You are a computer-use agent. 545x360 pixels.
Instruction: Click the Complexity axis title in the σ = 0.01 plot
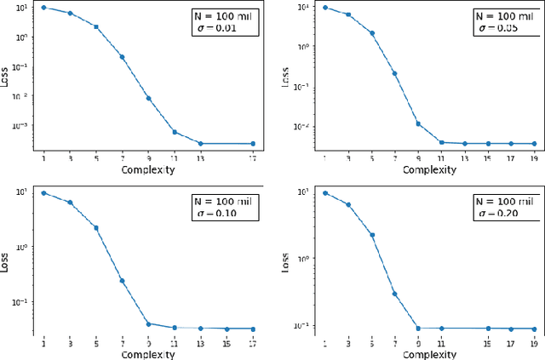(148, 169)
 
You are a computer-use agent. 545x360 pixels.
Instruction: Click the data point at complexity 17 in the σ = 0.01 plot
(253, 144)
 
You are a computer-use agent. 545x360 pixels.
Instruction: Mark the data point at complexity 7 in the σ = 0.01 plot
(122, 57)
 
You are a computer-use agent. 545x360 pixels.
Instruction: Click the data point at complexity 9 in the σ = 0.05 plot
(417, 123)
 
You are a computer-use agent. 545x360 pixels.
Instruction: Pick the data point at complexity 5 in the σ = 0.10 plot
(95, 228)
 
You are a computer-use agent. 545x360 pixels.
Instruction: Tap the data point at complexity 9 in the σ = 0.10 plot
(148, 323)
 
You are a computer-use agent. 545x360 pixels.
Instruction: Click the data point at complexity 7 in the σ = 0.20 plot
(394, 294)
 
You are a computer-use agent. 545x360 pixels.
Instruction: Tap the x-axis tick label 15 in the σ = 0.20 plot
(488, 343)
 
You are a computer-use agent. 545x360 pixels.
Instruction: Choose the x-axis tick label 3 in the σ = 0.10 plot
(69, 343)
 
